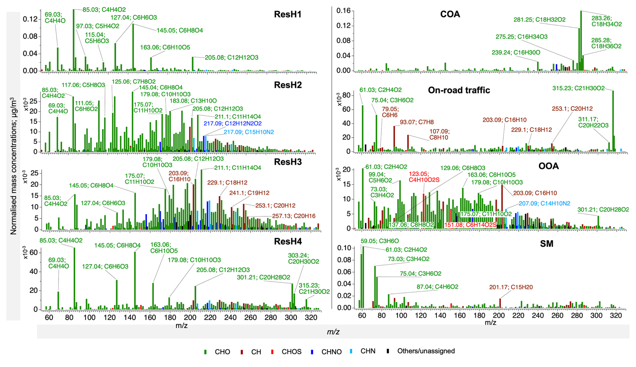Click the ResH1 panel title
pyautogui.click(x=287, y=14)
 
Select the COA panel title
pyautogui.click(x=450, y=14)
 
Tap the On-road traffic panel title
pyautogui.click(x=459, y=90)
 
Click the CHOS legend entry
pyautogui.click(x=291, y=352)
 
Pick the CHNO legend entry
pyautogui.click(x=331, y=352)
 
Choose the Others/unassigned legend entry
pyautogui.click(x=426, y=351)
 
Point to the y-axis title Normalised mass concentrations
pyautogui.click(x=13, y=166)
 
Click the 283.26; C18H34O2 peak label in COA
pyautogui.click(x=606, y=21)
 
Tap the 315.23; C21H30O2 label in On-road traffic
pyautogui.click(x=578, y=88)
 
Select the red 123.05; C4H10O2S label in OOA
pyautogui.click(x=424, y=177)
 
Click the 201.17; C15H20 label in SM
pyautogui.click(x=511, y=287)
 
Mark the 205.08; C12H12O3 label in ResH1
pyautogui.click(x=232, y=58)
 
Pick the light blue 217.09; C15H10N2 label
pyautogui.click(x=249, y=132)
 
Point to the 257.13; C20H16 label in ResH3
pyautogui.click(x=293, y=216)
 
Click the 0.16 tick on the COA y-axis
pyautogui.click(x=343, y=11)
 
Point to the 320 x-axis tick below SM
pyautogui.click(x=616, y=316)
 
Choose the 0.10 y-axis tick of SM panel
pyautogui.click(x=344, y=248)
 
